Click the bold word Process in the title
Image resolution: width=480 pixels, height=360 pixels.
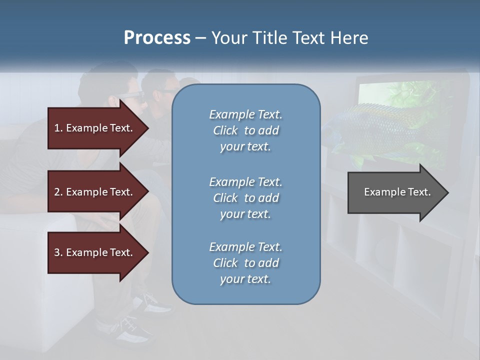pos(157,37)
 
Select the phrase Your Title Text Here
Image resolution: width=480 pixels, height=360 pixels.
pos(289,37)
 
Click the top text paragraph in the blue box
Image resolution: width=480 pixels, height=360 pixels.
pos(245,130)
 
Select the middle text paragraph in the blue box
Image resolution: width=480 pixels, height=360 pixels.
pos(245,198)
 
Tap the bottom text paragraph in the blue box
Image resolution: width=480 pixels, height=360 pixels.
pos(245,263)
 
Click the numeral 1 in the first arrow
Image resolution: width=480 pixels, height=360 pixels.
pos(57,128)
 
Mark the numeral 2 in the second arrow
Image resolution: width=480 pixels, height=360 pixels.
pos(57,192)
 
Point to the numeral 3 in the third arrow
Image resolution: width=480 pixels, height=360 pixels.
pos(57,252)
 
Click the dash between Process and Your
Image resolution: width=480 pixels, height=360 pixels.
pos(200,38)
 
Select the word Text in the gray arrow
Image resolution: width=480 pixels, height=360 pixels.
pos(420,192)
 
